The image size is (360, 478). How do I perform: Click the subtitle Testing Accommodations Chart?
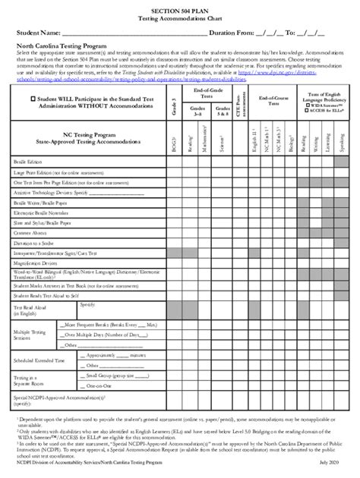(x=179, y=17)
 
